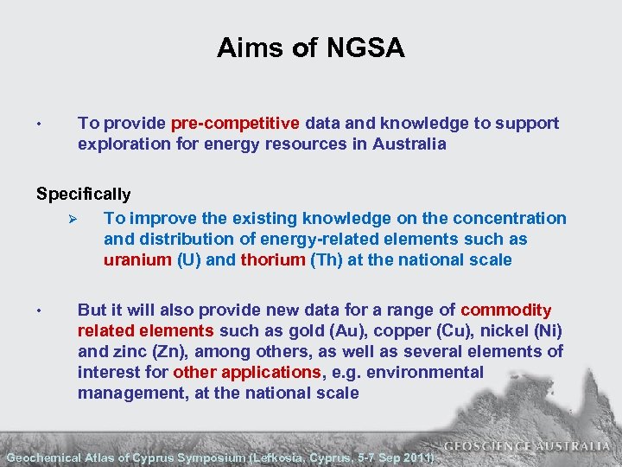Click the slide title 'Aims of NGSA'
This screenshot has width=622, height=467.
point(310,48)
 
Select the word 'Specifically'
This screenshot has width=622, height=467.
point(84,195)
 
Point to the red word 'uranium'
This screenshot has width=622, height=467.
point(137,260)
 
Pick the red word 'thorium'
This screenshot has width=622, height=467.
point(272,260)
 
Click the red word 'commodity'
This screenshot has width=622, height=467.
point(506,310)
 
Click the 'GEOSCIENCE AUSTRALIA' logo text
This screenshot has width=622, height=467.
point(527,447)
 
